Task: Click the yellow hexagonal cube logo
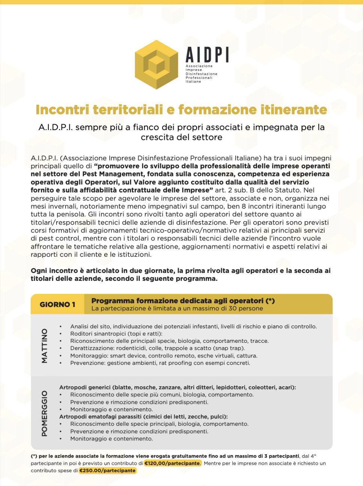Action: pos(157,65)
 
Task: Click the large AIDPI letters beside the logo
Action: pos(207,55)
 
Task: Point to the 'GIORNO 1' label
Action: pos(57,304)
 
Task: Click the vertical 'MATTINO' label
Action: pos(45,345)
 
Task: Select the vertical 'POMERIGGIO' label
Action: pos(45,413)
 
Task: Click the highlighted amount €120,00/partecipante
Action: pos(172,463)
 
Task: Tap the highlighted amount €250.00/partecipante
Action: pos(108,471)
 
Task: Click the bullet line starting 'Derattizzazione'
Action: pos(157,348)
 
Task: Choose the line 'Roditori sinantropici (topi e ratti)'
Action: pos(116,333)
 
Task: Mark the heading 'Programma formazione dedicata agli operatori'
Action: pos(178,301)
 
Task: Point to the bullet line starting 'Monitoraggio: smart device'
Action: pos(164,356)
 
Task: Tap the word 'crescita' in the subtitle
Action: pos(155,138)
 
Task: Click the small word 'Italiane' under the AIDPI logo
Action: pos(193,81)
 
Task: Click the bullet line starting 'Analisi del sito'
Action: pos(193,326)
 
